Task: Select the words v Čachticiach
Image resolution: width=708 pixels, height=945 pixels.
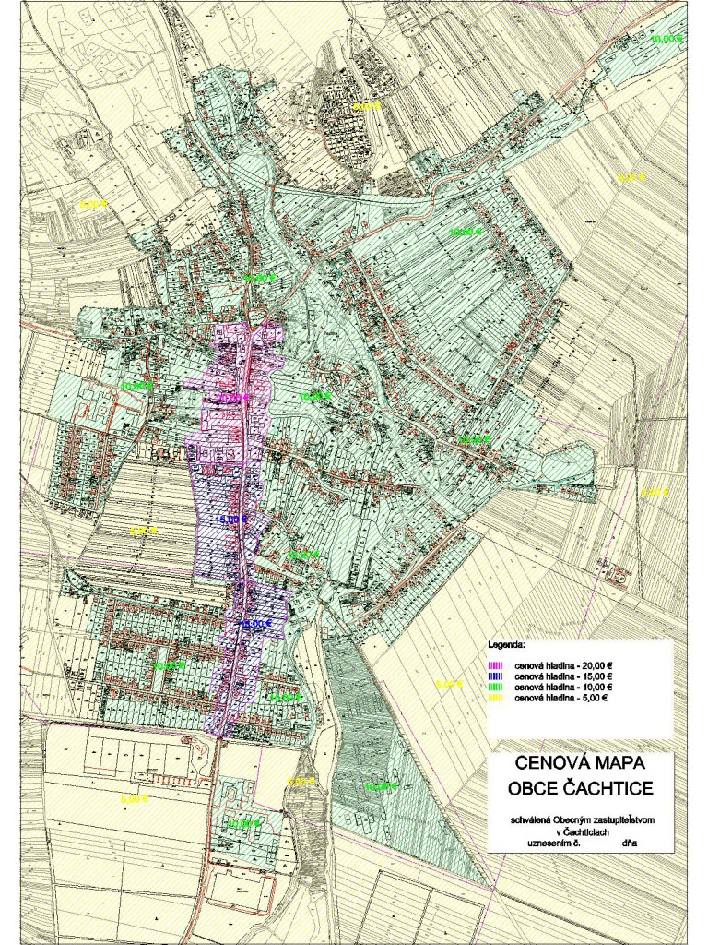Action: (578, 831)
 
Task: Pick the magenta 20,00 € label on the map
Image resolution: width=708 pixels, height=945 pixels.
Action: (232, 398)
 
